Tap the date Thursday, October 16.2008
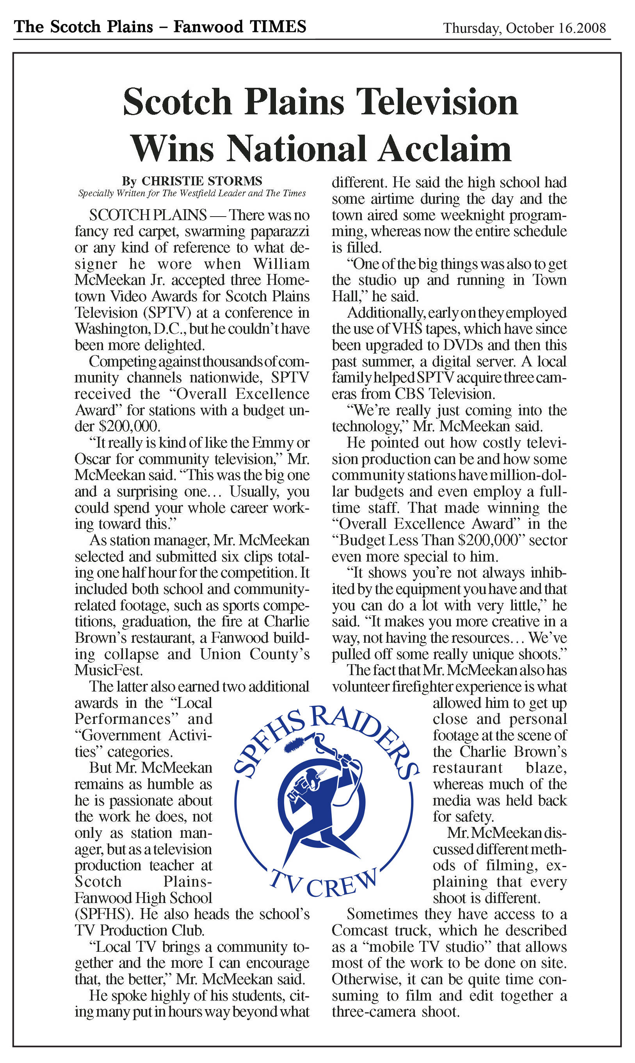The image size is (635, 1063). [524, 28]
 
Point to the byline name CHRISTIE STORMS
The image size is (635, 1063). [202, 181]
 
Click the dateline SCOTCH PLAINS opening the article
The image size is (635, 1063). [148, 215]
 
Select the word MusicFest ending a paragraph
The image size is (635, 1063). [108, 670]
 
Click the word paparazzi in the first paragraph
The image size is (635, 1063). [279, 231]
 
